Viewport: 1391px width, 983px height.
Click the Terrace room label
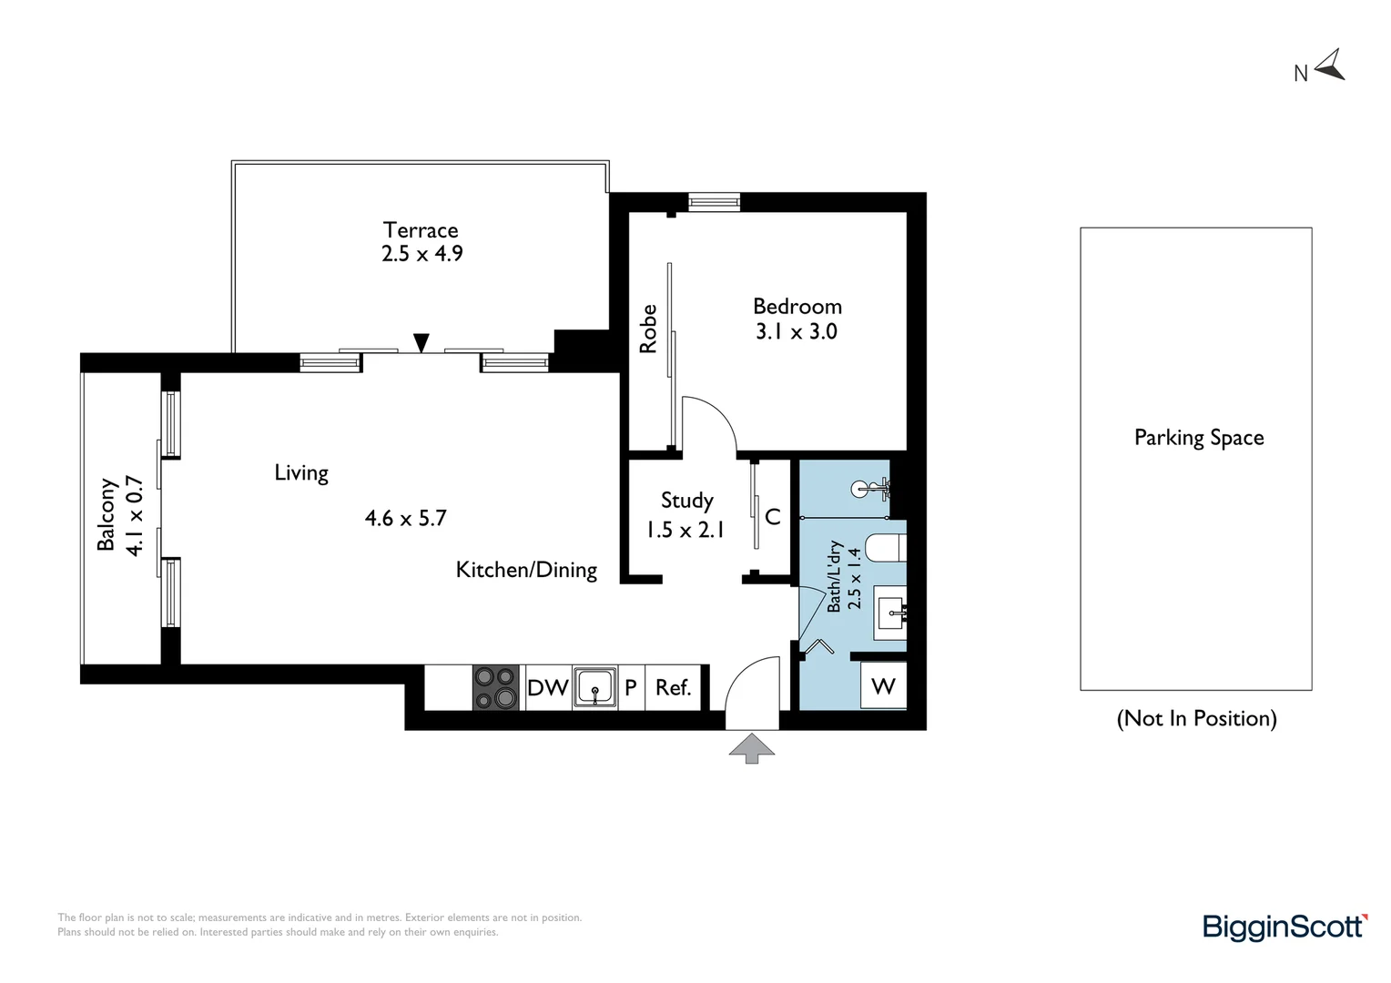click(421, 230)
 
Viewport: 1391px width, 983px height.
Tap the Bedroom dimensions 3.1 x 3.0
click(797, 331)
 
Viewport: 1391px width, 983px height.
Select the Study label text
click(686, 501)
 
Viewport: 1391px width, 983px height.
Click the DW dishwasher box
click(548, 687)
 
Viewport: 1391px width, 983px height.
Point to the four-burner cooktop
click(496, 687)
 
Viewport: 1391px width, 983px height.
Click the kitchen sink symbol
click(594, 687)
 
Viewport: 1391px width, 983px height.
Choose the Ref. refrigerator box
click(673, 687)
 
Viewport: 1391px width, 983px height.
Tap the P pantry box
click(631, 687)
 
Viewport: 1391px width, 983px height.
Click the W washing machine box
click(883, 685)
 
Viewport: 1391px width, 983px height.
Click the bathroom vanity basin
click(891, 613)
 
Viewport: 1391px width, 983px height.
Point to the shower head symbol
click(870, 489)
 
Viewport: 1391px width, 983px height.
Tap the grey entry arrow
click(752, 748)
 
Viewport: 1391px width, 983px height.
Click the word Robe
click(647, 329)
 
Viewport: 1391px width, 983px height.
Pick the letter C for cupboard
click(773, 517)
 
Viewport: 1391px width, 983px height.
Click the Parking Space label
click(1199, 438)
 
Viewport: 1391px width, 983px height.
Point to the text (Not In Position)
click(1196, 718)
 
